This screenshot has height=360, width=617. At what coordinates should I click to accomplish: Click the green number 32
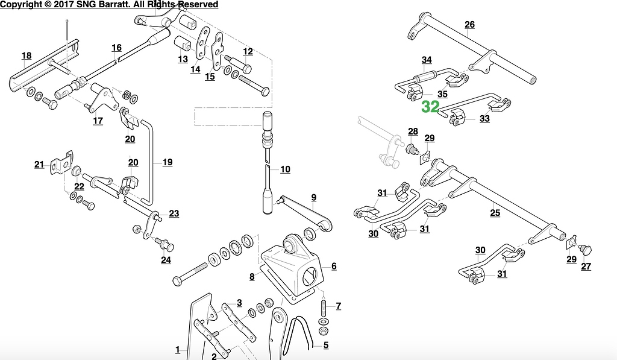coord(430,107)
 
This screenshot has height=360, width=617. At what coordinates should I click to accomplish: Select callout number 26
coord(469,25)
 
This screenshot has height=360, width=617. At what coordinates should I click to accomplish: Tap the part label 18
coord(27,56)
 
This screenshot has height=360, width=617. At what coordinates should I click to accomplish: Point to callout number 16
coord(116,48)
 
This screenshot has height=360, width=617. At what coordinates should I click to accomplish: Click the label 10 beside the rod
coord(285,169)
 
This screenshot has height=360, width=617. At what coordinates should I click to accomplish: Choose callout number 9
coord(313,197)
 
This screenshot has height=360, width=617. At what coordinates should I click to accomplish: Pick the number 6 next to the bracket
coord(334,266)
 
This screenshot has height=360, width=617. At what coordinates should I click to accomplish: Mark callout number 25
coord(495,212)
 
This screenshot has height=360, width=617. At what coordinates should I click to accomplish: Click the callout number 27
coord(586,267)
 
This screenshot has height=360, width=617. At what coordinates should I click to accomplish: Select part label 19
coord(167,162)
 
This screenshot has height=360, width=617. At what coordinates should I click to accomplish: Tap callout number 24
coord(166,260)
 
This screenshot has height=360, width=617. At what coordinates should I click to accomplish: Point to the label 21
coord(39,165)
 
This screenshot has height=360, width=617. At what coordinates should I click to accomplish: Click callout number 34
coord(427,60)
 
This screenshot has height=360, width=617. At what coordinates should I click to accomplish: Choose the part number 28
coord(413,131)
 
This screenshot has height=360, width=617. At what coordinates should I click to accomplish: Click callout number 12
coord(248,51)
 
